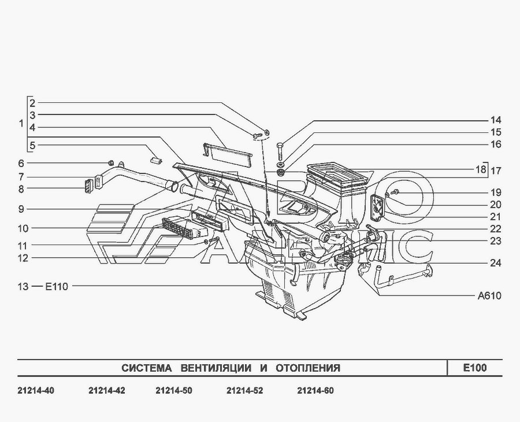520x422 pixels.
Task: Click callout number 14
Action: pyautogui.click(x=496, y=120)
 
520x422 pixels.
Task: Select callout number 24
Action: pyautogui.click(x=496, y=263)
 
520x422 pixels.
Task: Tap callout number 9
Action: pyautogui.click(x=21, y=209)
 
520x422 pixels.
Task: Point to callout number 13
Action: pyautogui.click(x=23, y=286)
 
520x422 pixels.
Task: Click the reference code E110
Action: pyautogui.click(x=57, y=286)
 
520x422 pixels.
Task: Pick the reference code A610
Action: pyautogui.click(x=489, y=295)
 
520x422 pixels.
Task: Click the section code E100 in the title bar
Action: pyautogui.click(x=475, y=368)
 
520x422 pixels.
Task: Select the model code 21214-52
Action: pyautogui.click(x=245, y=390)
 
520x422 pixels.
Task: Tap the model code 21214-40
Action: pyautogui.click(x=36, y=390)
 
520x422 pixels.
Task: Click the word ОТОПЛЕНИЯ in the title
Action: pyautogui.click(x=308, y=368)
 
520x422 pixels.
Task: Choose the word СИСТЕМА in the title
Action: pyautogui.click(x=147, y=368)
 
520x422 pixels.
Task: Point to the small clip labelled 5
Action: pyautogui.click(x=156, y=160)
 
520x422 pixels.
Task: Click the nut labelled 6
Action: pyautogui.click(x=112, y=162)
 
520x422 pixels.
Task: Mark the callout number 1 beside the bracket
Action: pyautogui.click(x=21, y=123)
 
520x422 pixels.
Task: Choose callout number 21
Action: pyautogui.click(x=496, y=217)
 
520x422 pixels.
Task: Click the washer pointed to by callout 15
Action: pyautogui.click(x=280, y=165)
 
